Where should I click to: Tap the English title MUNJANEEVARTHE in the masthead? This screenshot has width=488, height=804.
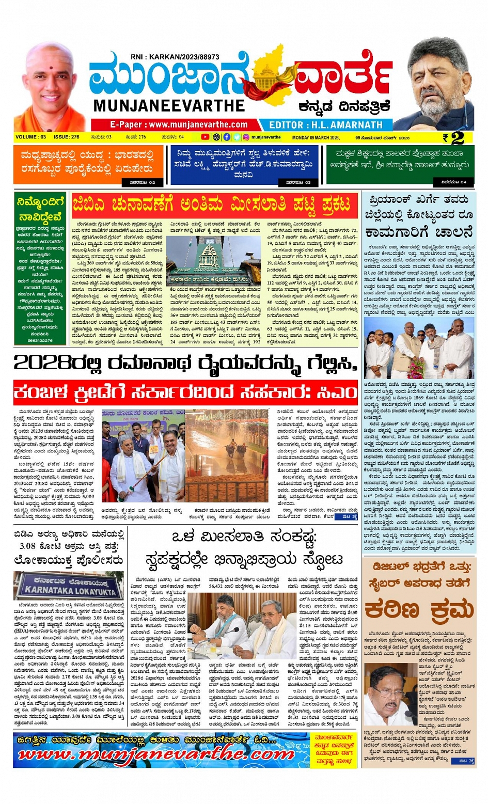pyautogui.click(x=169, y=106)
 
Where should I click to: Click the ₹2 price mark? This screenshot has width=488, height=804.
pyautogui.click(x=453, y=138)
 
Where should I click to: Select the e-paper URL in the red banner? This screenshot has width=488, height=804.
pyautogui.click(x=178, y=124)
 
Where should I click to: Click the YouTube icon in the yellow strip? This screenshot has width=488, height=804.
pyautogui.click(x=205, y=137)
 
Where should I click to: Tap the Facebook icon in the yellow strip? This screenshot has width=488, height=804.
pyautogui.click(x=227, y=137)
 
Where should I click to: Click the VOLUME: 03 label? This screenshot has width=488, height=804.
pyautogui.click(x=31, y=137)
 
